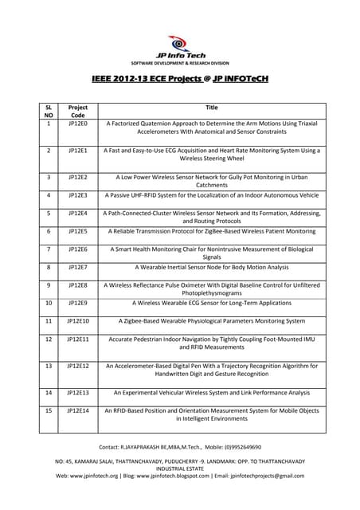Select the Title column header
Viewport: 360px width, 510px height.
pos(211,107)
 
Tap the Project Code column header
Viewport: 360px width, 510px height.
pos(78,111)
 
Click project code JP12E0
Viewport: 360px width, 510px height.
pos(78,124)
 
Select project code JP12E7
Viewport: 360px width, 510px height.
pos(78,267)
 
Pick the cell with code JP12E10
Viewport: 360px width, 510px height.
pos(78,320)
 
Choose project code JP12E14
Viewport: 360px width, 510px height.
pos(78,410)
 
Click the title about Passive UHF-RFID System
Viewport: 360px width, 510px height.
pos(211,194)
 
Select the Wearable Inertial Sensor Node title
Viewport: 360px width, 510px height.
pos(211,267)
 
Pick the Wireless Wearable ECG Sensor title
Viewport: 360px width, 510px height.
pos(211,303)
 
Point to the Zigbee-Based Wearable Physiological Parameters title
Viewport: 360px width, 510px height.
pos(211,320)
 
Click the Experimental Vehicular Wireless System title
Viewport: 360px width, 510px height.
pos(211,392)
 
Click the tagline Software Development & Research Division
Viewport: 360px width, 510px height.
pos(179,62)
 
